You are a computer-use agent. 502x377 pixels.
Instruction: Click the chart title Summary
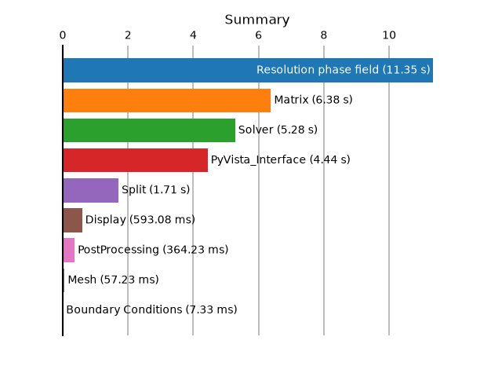256,20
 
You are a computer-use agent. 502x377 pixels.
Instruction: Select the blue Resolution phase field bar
248,70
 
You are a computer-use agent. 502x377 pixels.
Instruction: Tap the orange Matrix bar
167,101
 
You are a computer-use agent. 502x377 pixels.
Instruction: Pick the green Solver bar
149,130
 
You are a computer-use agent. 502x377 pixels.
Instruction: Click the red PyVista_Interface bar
136,160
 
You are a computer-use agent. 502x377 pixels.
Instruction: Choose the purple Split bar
91,190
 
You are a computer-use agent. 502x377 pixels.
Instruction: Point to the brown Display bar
73,220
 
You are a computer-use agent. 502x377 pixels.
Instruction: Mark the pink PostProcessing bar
69,250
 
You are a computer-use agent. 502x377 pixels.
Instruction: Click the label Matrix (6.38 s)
313,100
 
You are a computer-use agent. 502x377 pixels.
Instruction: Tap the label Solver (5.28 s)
278,130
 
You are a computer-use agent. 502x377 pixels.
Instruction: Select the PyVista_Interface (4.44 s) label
281,159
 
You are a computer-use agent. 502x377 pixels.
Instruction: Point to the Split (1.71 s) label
155,189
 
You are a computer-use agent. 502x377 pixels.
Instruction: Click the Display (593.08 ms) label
140,220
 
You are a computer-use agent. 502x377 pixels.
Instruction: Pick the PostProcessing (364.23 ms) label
153,250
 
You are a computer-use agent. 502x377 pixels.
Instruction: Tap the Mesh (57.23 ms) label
113,280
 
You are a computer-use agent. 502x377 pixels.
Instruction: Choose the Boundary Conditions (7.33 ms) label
151,309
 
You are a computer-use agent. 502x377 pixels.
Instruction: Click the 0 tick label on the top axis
63,35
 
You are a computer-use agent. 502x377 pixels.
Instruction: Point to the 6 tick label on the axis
258,35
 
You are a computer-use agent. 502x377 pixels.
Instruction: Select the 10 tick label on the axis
389,35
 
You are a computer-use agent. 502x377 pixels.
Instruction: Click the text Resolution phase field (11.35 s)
344,70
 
